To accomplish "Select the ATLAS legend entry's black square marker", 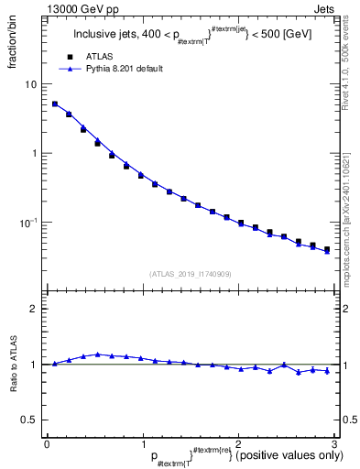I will click(x=70, y=57).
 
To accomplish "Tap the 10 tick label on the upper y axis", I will click(x=31, y=84).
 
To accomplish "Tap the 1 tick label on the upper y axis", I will click(x=34, y=153).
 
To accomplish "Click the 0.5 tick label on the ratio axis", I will click(x=29, y=420).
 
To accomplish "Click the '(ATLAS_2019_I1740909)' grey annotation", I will click(x=190, y=274).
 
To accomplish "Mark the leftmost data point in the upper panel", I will click(x=55, y=104).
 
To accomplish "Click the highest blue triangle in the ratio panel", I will click(x=97, y=354).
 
